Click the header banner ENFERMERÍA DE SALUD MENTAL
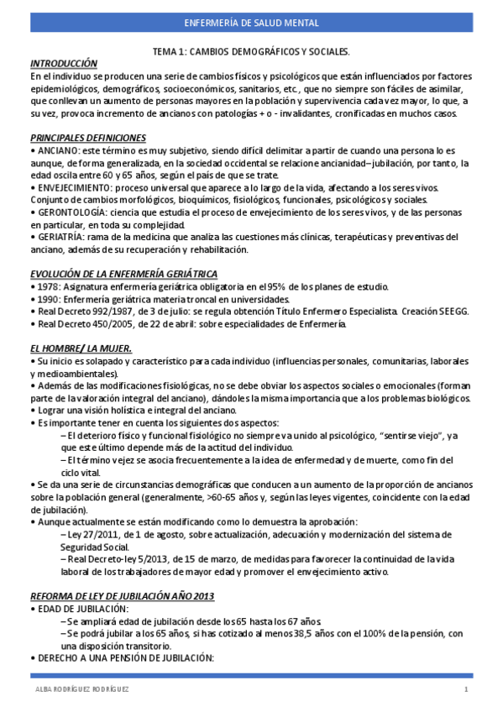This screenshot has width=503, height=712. [x=251, y=24]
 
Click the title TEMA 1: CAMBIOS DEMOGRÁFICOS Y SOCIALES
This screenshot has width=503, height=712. [x=251, y=52]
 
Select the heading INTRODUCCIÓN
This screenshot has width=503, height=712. [x=64, y=64]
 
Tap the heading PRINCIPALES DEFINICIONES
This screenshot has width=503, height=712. [x=88, y=138]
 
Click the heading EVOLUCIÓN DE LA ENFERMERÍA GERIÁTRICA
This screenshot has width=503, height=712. [x=123, y=274]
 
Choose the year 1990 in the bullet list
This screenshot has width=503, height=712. [x=46, y=299]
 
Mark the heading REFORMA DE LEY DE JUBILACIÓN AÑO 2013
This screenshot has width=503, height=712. [x=123, y=596]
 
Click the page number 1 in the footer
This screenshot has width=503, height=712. [x=465, y=689]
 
